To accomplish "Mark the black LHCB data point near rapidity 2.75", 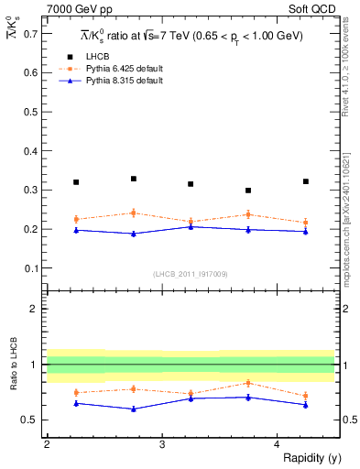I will (x=134, y=179).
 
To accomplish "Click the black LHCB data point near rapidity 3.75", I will (x=248, y=191).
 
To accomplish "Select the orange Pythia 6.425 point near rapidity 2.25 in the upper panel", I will (x=76, y=219).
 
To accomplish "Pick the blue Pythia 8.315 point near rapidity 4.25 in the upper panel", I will (x=306, y=232).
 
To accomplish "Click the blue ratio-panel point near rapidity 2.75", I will (x=134, y=409).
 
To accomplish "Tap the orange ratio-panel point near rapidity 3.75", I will (x=248, y=383).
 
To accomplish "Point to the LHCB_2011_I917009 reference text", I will (x=191, y=274).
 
